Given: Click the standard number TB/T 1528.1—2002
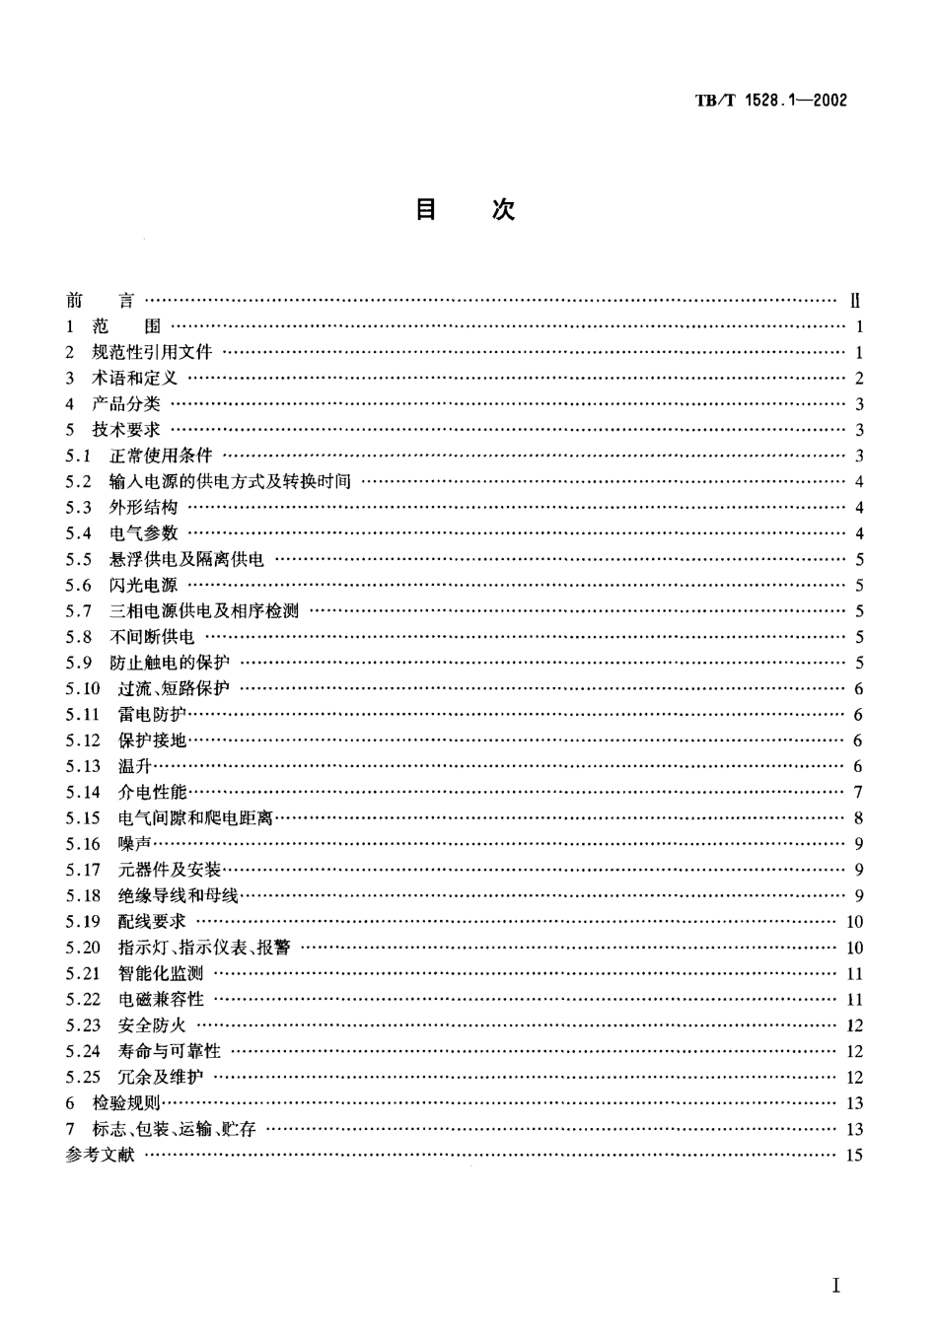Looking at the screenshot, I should [x=771, y=101].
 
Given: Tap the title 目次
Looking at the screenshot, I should [x=465, y=210].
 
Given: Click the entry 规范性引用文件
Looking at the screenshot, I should [x=152, y=353].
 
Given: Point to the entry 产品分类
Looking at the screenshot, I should [x=125, y=404].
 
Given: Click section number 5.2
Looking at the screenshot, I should [x=79, y=482].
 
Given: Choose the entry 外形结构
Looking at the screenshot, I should [x=143, y=508].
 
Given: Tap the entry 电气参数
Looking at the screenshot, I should [x=143, y=533].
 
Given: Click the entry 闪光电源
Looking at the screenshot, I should [x=143, y=586].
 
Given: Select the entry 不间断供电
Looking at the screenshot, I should [x=152, y=637].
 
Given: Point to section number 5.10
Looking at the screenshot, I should [x=83, y=689].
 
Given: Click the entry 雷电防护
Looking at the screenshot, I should [x=151, y=715].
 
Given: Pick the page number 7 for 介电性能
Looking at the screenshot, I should [x=858, y=793].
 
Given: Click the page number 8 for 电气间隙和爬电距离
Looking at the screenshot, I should [x=858, y=818].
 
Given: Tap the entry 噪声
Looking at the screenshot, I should [x=134, y=844].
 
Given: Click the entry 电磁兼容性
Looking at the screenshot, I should [x=161, y=1000].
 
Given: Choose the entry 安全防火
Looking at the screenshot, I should [x=151, y=1025].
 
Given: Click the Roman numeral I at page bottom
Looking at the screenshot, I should [x=835, y=1286].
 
